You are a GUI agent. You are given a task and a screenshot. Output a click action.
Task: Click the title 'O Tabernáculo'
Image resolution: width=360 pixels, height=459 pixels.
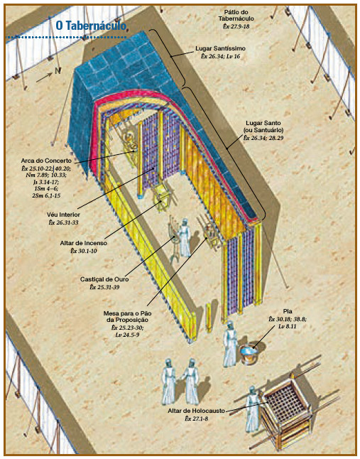pyautogui.click(x=92, y=26)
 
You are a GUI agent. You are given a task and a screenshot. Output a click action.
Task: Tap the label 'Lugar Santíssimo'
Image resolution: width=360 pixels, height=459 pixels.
pyautogui.click(x=221, y=48)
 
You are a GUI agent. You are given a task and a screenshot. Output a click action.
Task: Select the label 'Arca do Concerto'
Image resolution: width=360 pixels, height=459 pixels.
pyautogui.click(x=46, y=161)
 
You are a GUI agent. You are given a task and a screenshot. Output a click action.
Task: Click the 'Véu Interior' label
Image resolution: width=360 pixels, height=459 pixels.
pyautogui.click(x=63, y=215)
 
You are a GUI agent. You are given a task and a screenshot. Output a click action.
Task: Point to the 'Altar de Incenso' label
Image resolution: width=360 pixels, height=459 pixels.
pyautogui.click(x=84, y=243)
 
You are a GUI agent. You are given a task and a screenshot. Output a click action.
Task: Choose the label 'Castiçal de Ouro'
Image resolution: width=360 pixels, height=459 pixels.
pyautogui.click(x=104, y=279)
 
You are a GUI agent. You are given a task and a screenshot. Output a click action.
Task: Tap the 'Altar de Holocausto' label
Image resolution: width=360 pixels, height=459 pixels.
pyautogui.click(x=196, y=411)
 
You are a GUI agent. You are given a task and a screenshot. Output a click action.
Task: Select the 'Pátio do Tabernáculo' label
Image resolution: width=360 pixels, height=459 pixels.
pyautogui.click(x=236, y=15)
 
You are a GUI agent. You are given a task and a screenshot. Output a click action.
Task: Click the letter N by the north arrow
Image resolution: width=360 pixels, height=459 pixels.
pyautogui.click(x=58, y=71)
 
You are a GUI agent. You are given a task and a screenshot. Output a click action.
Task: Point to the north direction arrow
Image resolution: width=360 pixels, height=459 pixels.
pyautogui.click(x=44, y=77)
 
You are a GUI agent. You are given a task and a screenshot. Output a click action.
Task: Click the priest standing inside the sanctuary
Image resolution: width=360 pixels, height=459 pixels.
pyautogui.click(x=184, y=238)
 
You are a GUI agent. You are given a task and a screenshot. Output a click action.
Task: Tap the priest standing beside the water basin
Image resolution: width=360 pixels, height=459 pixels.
pyautogui.click(x=229, y=343)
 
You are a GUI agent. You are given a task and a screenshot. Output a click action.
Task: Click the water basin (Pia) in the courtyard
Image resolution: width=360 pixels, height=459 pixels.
pyautogui.click(x=249, y=353)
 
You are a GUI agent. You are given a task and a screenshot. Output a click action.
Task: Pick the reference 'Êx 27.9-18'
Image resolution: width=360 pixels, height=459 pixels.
pyautogui.click(x=236, y=26)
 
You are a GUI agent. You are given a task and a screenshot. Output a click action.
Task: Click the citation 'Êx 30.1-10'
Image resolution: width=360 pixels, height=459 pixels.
pyautogui.click(x=84, y=251)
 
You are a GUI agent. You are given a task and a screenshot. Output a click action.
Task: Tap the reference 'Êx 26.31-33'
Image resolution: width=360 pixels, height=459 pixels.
pyautogui.click(x=63, y=222)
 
